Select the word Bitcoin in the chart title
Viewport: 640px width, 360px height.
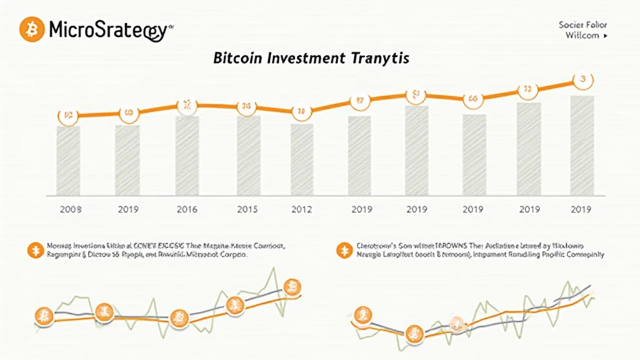238,59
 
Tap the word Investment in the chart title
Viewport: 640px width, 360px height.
306,59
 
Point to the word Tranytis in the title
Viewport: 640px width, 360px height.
379,59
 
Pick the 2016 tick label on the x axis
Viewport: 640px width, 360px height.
187,209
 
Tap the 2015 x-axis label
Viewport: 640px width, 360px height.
247,209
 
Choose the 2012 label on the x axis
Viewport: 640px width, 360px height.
302,209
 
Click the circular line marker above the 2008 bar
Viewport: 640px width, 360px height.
68,116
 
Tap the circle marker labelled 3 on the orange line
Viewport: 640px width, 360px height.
582,79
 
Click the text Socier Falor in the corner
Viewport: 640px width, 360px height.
582,25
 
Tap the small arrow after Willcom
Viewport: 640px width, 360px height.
605,36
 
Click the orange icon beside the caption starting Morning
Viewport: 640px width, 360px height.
32,251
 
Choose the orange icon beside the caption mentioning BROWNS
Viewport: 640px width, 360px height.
342,251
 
